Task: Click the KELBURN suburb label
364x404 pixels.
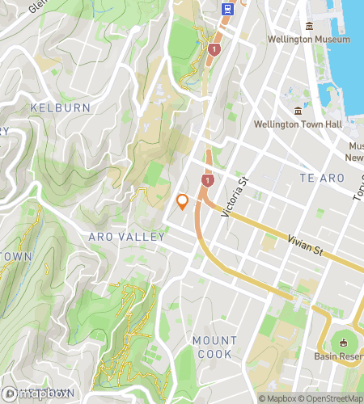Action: (x=54, y=107)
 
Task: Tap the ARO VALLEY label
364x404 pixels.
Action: (x=128, y=237)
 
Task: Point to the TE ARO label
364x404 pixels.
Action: (x=316, y=177)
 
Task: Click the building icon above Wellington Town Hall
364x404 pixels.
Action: (x=298, y=111)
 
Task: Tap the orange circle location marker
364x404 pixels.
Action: (x=183, y=201)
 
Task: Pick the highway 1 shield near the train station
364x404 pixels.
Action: (x=214, y=49)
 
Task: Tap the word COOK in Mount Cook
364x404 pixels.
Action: (x=214, y=354)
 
